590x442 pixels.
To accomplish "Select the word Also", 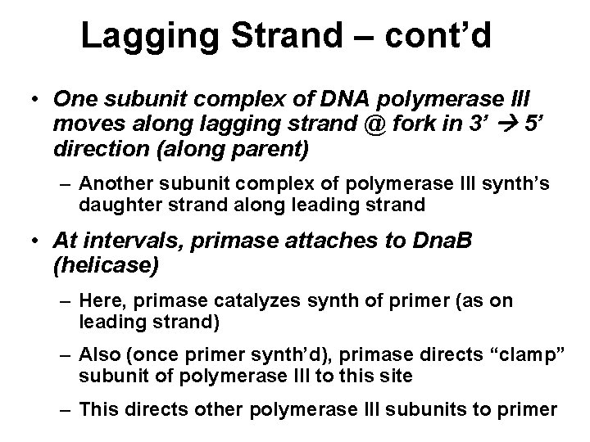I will point(98,356).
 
